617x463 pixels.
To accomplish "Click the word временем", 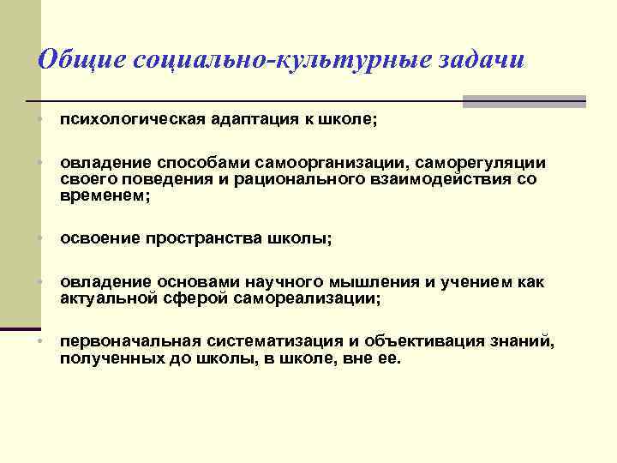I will coord(103,195).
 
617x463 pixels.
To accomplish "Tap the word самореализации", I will coord(311,298).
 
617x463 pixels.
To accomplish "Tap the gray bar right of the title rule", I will coord(524,101).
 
